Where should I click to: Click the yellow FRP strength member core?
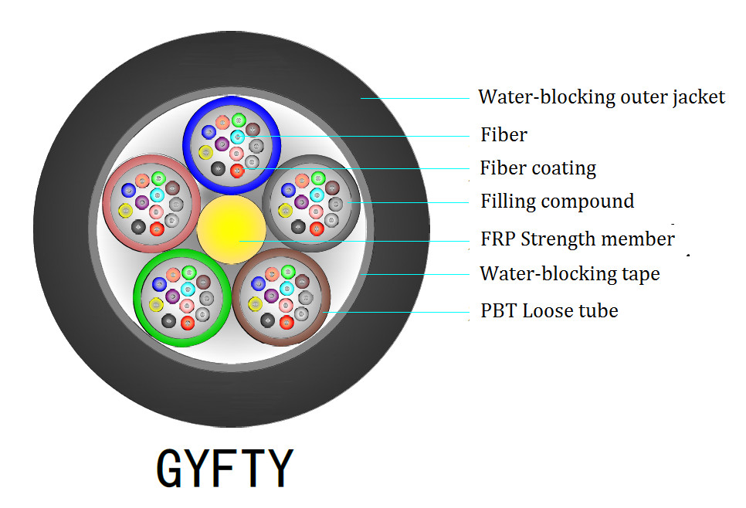click(x=232, y=229)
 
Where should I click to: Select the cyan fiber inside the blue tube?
click(x=238, y=137)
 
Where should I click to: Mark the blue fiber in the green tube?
click(x=159, y=283)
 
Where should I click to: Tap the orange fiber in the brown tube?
click(x=272, y=273)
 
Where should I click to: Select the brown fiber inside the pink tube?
click(x=174, y=188)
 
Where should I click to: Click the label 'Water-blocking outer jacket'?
click(x=602, y=97)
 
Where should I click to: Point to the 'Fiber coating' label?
click(x=538, y=168)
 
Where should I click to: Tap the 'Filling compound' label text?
click(x=557, y=202)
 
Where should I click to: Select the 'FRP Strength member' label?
click(x=577, y=239)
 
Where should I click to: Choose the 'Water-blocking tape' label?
click(x=570, y=274)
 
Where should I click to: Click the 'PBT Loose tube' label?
click(x=549, y=311)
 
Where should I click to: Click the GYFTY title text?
click(x=225, y=468)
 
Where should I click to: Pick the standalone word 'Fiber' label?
click(x=504, y=135)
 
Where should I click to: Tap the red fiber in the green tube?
click(x=188, y=322)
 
